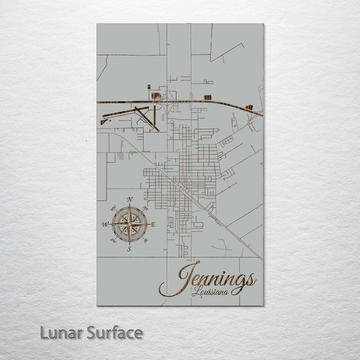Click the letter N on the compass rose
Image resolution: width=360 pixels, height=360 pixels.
[130, 199]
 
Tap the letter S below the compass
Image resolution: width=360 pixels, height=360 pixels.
[129, 248]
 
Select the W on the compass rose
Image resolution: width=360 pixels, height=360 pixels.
[105, 224]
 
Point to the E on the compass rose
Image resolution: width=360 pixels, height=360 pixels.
[153, 224]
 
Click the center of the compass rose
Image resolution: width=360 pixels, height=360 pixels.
[129, 224]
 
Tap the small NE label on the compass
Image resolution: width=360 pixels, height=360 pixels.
[146, 207]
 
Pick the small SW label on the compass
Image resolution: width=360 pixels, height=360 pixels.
[113, 241]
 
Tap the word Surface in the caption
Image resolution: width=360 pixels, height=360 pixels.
[114, 332]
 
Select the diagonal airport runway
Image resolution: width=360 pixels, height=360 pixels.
[146, 118]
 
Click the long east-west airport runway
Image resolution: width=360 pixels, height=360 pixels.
[125, 112]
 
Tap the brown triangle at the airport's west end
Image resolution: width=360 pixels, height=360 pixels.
[103, 121]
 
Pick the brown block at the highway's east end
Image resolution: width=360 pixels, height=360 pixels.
[249, 107]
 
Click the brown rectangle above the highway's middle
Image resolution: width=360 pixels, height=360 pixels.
[207, 97]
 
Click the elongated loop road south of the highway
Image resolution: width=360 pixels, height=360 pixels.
[234, 122]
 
